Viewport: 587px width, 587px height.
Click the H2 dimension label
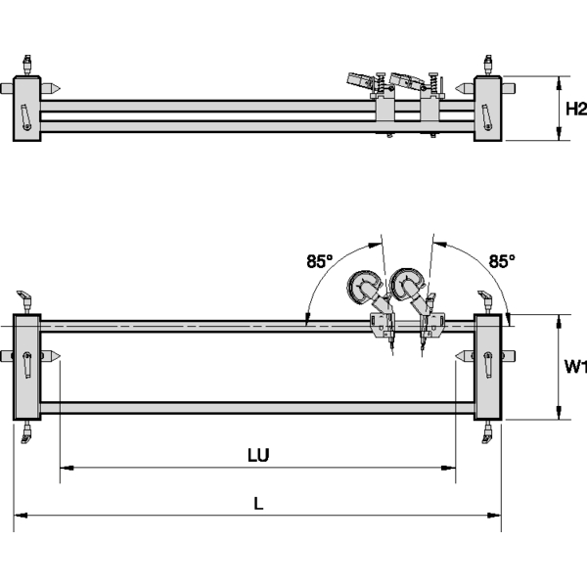click(x=575, y=110)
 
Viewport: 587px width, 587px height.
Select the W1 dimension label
click(x=575, y=367)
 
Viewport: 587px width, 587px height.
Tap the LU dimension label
click(x=257, y=455)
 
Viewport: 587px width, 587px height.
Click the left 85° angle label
click(x=320, y=261)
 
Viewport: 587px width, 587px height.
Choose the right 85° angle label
click(x=501, y=261)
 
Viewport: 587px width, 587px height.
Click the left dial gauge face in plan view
click(x=363, y=287)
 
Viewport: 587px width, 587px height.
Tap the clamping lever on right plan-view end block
click(x=487, y=363)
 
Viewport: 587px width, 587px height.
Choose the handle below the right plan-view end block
click(x=486, y=431)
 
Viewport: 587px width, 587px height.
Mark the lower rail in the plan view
click(x=257, y=406)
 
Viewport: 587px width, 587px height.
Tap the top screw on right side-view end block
click(x=487, y=65)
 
